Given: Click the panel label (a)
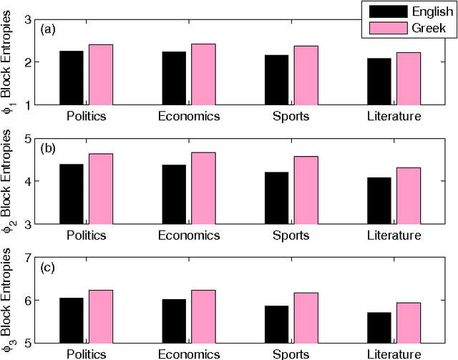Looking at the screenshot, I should click(48, 29).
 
